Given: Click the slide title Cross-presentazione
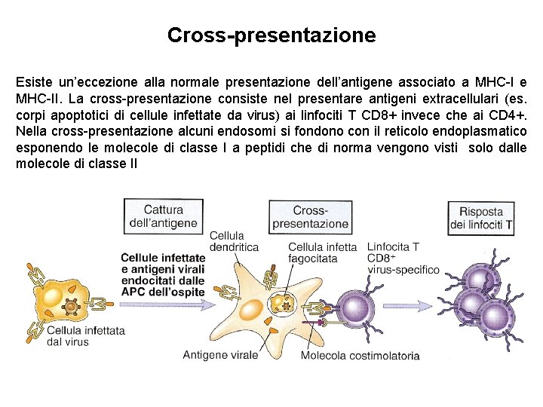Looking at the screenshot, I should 271,35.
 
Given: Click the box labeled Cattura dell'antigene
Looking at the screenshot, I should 164,216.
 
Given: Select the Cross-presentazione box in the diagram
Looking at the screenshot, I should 310,217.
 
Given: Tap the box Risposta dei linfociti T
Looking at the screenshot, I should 481,219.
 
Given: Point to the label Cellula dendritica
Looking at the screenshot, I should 234,241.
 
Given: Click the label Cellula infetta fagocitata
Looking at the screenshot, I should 323,252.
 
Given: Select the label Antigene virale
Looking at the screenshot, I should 220,355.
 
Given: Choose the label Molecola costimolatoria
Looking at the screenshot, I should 360,356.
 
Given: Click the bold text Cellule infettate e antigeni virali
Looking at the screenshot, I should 163,265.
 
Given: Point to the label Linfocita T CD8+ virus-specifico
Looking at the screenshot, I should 403,258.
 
